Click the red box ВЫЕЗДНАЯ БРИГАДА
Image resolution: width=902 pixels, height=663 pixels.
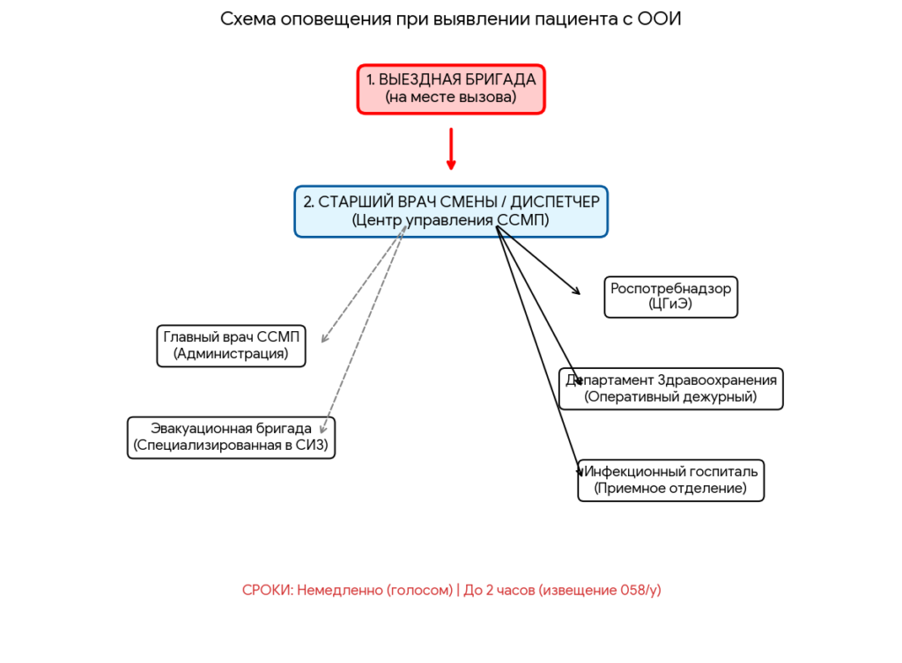[451, 88]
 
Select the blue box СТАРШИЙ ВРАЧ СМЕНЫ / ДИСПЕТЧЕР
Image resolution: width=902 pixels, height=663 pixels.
[451, 210]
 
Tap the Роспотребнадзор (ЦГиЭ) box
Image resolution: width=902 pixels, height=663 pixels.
[670, 297]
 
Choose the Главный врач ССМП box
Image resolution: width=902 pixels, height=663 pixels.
[231, 345]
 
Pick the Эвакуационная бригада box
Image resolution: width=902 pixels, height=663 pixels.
[231, 438]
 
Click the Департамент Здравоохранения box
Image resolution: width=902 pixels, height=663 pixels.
[671, 388]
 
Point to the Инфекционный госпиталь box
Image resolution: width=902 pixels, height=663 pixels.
[670, 480]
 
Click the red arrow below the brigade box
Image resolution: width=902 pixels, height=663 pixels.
[451, 150]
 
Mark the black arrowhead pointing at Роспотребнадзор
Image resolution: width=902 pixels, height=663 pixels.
[577, 291]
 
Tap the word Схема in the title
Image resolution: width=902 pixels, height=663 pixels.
[248, 19]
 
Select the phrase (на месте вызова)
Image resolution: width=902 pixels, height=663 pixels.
[451, 98]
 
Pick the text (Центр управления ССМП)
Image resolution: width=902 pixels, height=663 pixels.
[450, 220]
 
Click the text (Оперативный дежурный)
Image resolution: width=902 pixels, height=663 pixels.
[670, 397]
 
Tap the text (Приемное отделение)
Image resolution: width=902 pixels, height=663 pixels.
[670, 488]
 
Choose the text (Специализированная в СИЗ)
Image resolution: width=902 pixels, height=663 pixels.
[231, 446]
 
